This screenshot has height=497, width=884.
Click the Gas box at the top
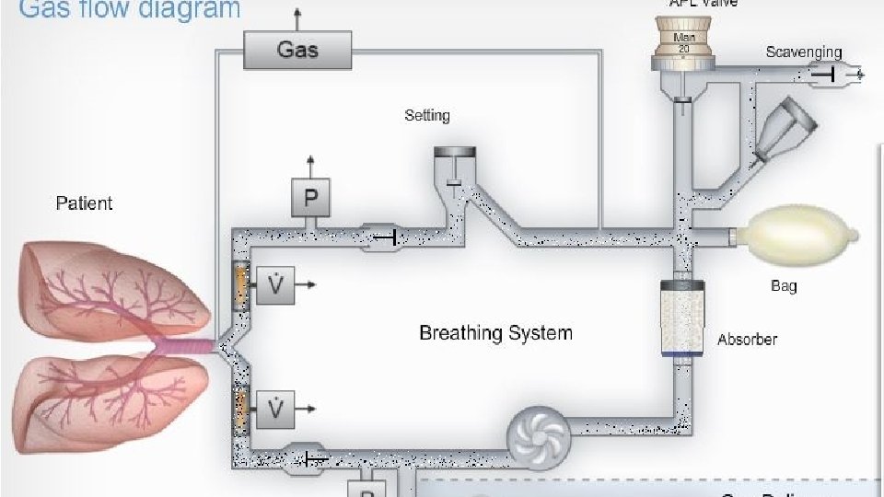pyautogui.click(x=297, y=49)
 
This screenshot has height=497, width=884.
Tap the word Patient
pyautogui.click(x=84, y=202)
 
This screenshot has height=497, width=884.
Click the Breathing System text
pyautogui.click(x=495, y=332)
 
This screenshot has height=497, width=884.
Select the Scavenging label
pyautogui.click(x=803, y=52)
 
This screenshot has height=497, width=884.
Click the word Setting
pyautogui.click(x=427, y=116)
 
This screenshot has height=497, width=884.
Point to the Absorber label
pyautogui.click(x=747, y=339)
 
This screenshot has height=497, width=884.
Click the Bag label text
pyautogui.click(x=784, y=285)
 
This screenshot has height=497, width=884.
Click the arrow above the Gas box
pyautogui.click(x=297, y=16)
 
